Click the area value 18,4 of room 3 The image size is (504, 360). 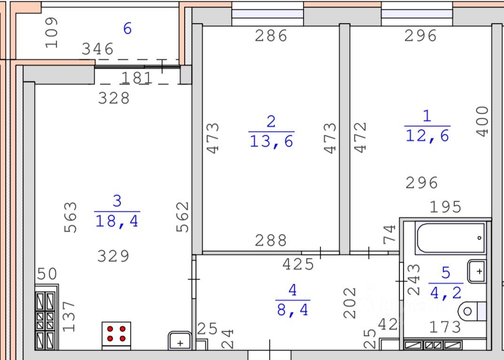pos(117,220)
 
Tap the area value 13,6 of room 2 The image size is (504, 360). pos(271,141)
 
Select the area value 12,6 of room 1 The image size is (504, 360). pos(427,135)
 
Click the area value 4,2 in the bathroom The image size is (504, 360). pos(446,292)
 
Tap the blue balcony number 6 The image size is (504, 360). pos(127,29)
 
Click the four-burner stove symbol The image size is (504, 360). pos(116,333)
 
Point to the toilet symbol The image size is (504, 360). pos(473,311)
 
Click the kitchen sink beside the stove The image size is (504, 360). pos(180,341)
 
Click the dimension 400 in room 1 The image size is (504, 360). pos(482,121)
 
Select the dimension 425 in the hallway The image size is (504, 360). pos(298,264)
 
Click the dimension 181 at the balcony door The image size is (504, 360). pos(136,78)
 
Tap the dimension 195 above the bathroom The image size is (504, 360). pos(446,207)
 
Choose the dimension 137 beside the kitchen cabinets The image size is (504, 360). pos(70,316)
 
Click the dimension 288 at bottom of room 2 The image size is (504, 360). pos(271,240)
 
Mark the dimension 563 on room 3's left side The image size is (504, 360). pos(70,217)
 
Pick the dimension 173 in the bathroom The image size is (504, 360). pos(444,327)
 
